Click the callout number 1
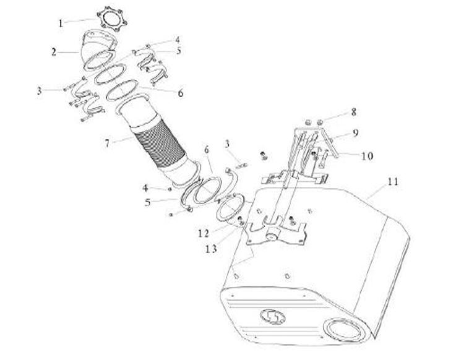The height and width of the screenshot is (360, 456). [61, 24]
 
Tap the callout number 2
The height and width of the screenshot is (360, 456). [54, 53]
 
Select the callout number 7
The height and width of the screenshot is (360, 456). [107, 143]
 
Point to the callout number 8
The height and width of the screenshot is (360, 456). [354, 112]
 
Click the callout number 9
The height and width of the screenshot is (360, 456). [355, 133]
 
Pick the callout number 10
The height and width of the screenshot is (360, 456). [368, 156]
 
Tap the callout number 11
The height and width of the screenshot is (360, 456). [393, 182]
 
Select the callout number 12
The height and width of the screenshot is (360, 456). [204, 233]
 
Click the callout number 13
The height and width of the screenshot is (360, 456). [212, 249]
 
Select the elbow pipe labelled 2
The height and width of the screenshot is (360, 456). [97, 49]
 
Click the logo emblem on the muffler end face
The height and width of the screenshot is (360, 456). [272, 317]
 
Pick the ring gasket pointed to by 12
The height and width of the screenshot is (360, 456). [230, 208]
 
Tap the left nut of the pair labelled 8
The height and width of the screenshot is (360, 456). [309, 122]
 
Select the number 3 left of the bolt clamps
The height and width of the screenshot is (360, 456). [39, 91]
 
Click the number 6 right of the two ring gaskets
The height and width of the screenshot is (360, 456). [181, 93]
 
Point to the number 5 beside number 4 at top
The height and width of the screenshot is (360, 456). [179, 51]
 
